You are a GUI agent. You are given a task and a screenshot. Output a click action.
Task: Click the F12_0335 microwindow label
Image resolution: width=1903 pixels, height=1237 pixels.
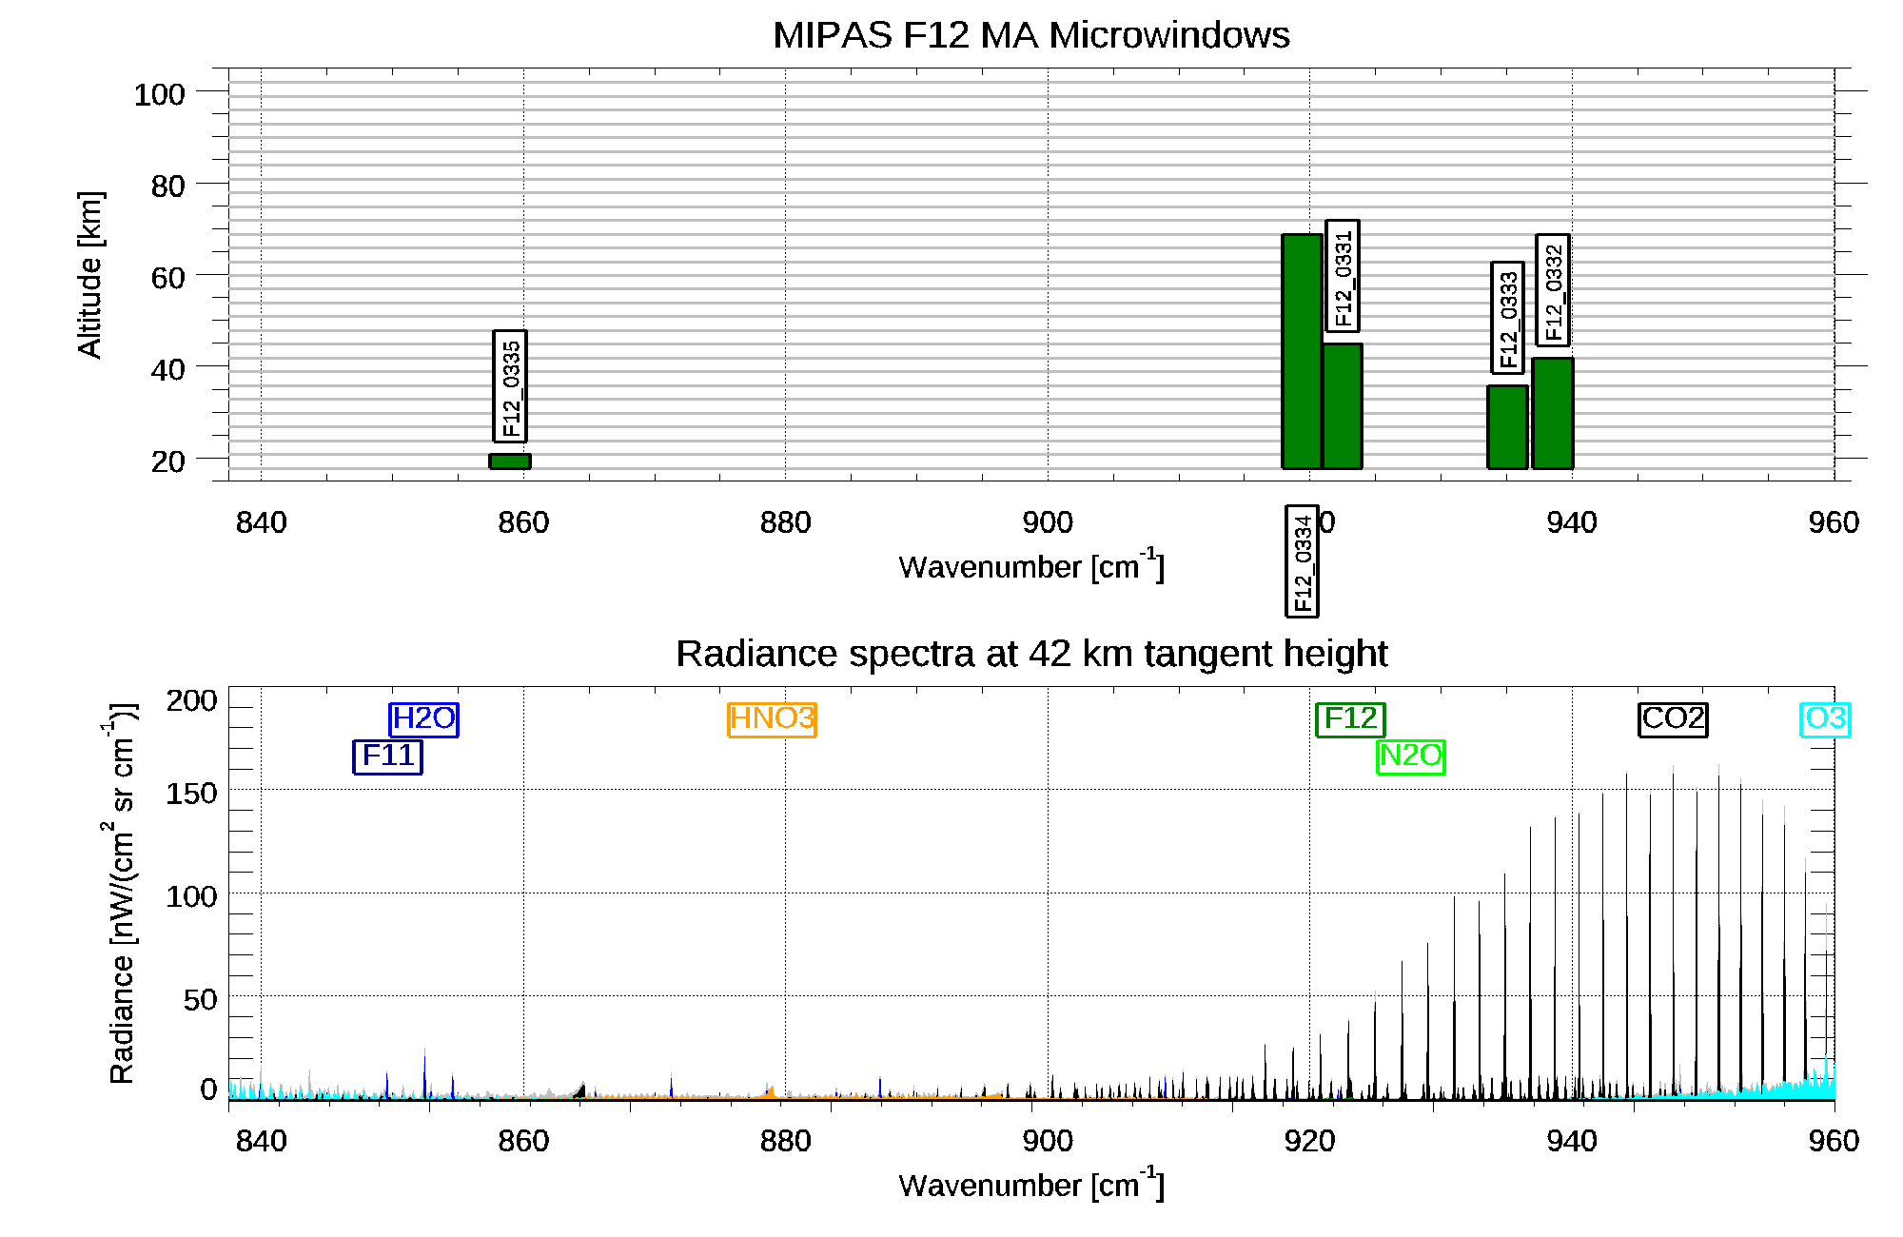click(x=510, y=386)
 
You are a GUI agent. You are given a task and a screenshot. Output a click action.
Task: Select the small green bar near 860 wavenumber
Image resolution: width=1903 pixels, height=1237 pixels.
click(x=510, y=461)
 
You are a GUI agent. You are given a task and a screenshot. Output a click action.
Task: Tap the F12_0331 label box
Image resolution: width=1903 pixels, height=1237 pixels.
click(x=1343, y=276)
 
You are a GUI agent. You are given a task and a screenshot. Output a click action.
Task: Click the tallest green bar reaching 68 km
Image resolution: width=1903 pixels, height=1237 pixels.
click(x=1302, y=351)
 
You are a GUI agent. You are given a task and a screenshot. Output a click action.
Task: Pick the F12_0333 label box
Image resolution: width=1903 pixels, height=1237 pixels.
click(x=1508, y=318)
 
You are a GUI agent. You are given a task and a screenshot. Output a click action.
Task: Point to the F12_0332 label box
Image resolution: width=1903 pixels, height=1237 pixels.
click(x=1553, y=290)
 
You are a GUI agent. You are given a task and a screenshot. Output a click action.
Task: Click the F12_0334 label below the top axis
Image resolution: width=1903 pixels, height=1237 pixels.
click(x=1303, y=561)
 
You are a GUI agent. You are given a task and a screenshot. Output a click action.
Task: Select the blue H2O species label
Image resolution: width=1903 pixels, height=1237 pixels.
click(x=424, y=719)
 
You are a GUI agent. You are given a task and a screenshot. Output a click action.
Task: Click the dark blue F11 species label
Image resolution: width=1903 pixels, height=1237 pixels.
click(x=388, y=756)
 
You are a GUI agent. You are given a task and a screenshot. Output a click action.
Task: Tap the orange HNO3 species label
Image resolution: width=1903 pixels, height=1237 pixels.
click(x=773, y=719)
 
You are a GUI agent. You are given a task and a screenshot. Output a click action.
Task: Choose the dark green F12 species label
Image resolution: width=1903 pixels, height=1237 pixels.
click(x=1350, y=719)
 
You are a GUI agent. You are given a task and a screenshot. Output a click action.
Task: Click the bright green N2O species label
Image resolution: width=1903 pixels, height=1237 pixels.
click(x=1411, y=756)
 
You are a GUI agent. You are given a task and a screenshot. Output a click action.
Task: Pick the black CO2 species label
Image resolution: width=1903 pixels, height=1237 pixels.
click(x=1674, y=719)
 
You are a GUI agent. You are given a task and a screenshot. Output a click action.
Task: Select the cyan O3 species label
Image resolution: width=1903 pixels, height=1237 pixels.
click(x=1825, y=719)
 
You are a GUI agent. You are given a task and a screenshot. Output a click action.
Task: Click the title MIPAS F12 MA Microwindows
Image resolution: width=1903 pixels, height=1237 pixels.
click(x=1030, y=35)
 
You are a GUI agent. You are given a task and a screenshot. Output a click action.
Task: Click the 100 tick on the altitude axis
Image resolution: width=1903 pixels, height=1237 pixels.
click(x=159, y=94)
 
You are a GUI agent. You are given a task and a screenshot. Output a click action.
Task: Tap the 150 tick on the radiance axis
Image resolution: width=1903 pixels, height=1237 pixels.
click(x=191, y=793)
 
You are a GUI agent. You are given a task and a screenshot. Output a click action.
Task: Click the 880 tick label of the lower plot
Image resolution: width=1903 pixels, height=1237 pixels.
click(x=785, y=1140)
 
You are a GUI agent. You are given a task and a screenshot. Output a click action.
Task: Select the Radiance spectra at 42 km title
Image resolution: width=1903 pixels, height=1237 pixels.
click(x=1031, y=654)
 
